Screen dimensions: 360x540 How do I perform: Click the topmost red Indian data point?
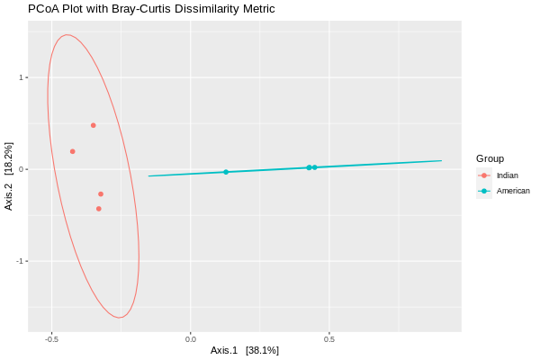(x=93, y=125)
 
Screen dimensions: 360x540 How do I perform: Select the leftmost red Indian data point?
(x=72, y=151)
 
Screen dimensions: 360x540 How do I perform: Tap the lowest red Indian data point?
(x=98, y=209)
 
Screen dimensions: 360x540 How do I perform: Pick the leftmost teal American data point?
(x=226, y=172)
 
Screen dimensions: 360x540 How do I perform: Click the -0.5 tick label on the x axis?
(x=51, y=339)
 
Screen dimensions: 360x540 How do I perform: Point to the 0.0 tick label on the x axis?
(x=191, y=339)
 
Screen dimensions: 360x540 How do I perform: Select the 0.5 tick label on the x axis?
(x=329, y=339)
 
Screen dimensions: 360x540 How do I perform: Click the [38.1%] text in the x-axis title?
(x=262, y=350)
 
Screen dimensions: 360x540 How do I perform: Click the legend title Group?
(x=490, y=158)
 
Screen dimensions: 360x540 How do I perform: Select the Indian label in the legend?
(x=507, y=175)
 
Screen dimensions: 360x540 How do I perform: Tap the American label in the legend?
(x=513, y=191)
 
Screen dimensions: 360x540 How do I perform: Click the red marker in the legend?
(x=484, y=175)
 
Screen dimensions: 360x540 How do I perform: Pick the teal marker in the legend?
(x=484, y=191)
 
